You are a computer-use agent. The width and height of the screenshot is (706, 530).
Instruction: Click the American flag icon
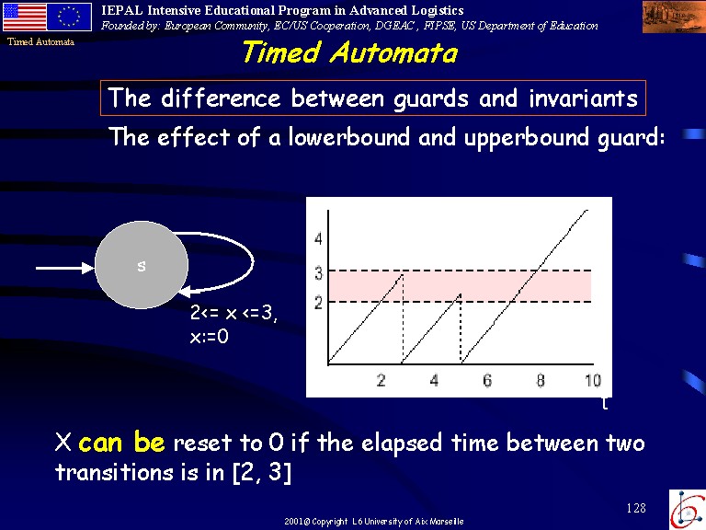(x=25, y=17)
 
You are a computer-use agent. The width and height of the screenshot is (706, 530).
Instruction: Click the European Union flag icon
(x=69, y=17)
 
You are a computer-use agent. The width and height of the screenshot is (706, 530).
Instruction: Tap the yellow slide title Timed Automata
(x=350, y=52)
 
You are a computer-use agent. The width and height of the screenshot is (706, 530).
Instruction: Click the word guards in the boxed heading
(x=431, y=98)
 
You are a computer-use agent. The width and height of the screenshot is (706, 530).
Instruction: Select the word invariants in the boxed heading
(x=583, y=98)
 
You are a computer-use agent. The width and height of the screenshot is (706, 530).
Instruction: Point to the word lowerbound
(x=349, y=136)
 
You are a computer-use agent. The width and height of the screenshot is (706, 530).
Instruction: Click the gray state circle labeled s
(x=142, y=265)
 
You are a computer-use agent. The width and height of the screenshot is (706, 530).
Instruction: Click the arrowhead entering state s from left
(x=88, y=268)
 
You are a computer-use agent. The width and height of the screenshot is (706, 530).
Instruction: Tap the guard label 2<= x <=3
(x=233, y=312)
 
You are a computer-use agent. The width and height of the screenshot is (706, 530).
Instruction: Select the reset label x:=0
(x=210, y=336)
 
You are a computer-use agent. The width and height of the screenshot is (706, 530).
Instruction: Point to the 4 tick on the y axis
(x=318, y=238)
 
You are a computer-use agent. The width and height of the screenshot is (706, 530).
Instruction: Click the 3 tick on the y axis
(x=319, y=273)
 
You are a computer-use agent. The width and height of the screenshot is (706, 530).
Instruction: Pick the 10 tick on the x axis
(x=593, y=381)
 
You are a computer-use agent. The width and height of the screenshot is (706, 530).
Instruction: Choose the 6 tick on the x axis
(x=487, y=381)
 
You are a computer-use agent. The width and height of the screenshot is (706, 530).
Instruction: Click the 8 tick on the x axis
(x=541, y=381)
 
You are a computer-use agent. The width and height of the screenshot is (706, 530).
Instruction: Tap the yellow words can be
(x=121, y=442)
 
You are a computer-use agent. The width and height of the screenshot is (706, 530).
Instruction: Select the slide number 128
(x=636, y=508)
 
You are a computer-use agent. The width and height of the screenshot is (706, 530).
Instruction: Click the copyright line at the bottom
(x=374, y=522)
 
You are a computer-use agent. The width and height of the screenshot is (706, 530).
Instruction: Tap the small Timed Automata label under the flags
(x=40, y=42)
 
